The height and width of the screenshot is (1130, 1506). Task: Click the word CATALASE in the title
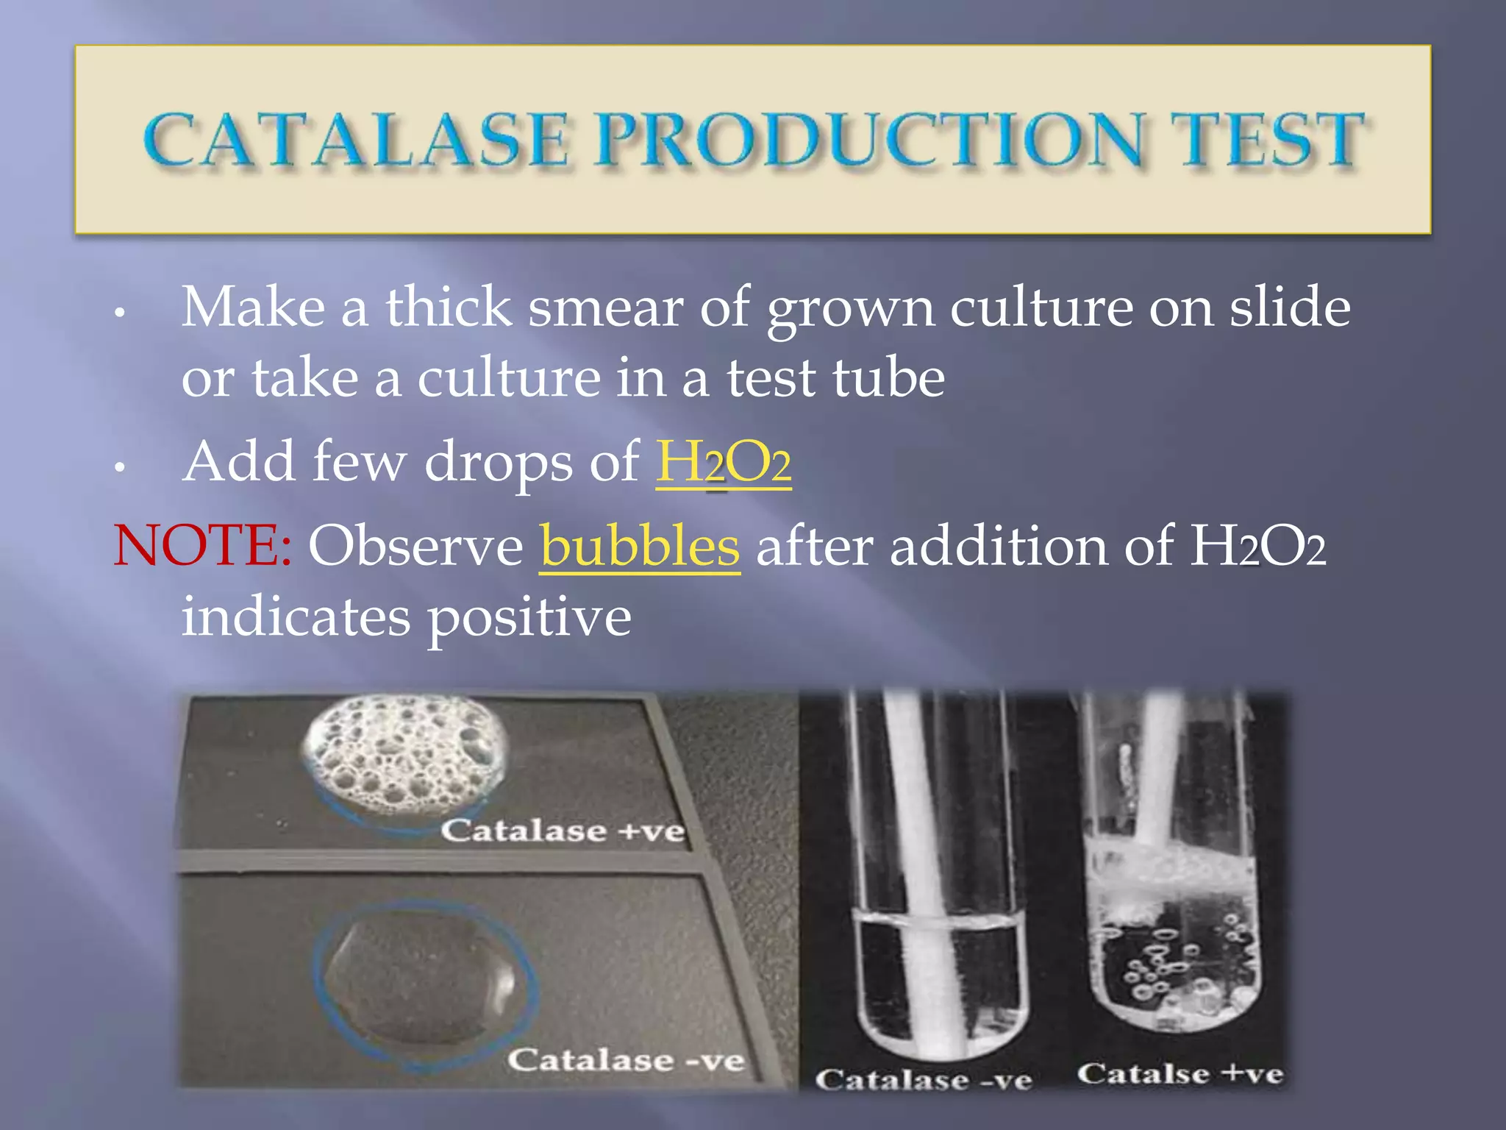point(356,140)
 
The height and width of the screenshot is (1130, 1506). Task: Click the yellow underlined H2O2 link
point(724,462)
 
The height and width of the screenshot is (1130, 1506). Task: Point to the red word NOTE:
point(203,546)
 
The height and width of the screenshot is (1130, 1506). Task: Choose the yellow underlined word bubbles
point(640,546)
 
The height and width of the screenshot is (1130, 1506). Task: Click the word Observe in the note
point(415,546)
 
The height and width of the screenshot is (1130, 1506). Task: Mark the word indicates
point(296,616)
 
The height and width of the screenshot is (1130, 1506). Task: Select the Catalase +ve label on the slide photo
point(563,831)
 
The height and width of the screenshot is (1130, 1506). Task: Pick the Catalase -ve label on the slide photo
point(626,1060)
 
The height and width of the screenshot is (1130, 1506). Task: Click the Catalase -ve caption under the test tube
point(924,1079)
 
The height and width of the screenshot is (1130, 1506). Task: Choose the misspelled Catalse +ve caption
point(1180,1073)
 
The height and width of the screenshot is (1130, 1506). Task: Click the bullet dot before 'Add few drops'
point(120,466)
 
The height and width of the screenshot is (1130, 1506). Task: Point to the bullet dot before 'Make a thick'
point(120,312)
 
